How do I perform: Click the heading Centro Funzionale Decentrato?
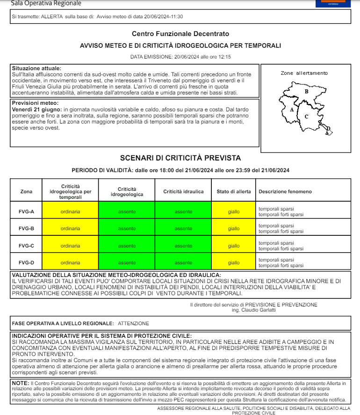point(180,34)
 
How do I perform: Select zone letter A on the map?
point(292,109)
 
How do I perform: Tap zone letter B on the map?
point(306,92)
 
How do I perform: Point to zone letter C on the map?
point(306,116)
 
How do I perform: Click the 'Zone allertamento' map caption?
point(304,73)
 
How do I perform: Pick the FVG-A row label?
point(26,211)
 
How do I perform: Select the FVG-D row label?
point(26,262)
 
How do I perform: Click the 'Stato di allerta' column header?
point(234,191)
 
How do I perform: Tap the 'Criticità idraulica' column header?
point(183,191)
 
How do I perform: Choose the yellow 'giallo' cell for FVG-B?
point(234,228)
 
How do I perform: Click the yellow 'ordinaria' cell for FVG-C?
point(70,246)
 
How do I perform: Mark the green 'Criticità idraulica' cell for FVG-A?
point(183,211)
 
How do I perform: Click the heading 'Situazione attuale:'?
point(36,68)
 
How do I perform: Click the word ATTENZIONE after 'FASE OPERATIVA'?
point(133,323)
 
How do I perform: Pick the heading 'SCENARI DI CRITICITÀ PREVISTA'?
point(180,158)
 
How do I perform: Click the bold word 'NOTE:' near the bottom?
point(20,383)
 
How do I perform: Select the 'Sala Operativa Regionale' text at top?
point(46,3)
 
